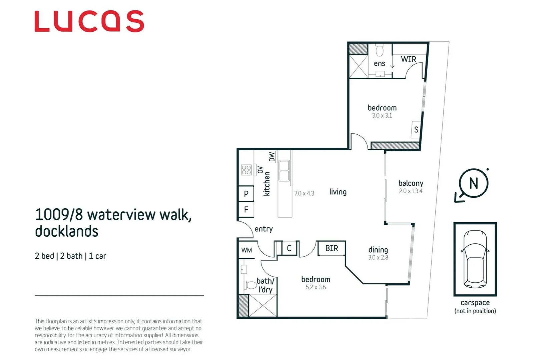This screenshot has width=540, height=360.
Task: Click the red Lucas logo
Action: pos(89,21)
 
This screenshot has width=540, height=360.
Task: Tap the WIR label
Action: pos(408,59)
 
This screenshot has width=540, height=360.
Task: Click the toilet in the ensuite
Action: pos(380,51)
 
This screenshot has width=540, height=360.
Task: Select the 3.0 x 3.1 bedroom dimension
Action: pos(382,116)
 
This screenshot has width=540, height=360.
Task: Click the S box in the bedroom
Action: pos(416,129)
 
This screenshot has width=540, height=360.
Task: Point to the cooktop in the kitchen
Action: pos(246,170)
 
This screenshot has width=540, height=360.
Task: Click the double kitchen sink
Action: pos(284,171)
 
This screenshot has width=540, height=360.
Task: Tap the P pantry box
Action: pos(246,193)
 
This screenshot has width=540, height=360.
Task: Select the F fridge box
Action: pos(246,209)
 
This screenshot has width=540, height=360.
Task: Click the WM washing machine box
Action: pos(247,250)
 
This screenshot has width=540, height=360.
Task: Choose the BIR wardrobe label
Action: pos(332,248)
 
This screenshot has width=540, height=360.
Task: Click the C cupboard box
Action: pos(289,248)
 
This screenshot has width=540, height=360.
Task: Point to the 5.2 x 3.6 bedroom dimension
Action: pos(316,287)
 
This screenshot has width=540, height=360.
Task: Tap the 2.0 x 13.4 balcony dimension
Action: pos(411,191)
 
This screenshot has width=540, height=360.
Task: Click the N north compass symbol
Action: pos(473,183)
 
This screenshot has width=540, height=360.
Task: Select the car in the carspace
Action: pos(475,259)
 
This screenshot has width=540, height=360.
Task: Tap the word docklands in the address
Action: pos(67,231)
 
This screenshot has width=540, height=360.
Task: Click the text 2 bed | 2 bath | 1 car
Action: pos(70,256)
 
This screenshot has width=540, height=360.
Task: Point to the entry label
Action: pos(263,229)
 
